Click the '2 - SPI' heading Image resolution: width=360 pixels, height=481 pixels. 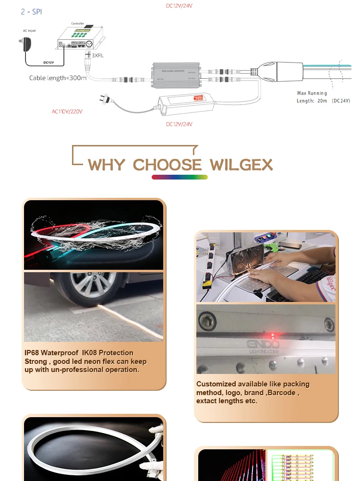pos(31,12)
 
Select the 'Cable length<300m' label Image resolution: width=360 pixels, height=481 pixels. pos(58,78)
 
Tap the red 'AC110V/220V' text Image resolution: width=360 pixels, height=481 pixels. pos(67,111)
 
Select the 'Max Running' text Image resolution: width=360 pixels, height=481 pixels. pos(312,93)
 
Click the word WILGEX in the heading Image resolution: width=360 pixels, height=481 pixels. pos(241,165)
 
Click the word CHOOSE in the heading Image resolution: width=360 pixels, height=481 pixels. pos(168,165)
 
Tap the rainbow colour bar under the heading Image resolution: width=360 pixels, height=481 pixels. pos(180,177)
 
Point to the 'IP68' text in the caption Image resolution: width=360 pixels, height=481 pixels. pos(32,353)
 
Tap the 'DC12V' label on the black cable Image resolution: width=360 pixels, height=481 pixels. pos(48,62)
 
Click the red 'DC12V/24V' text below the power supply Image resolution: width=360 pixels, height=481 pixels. pos(179,124)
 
